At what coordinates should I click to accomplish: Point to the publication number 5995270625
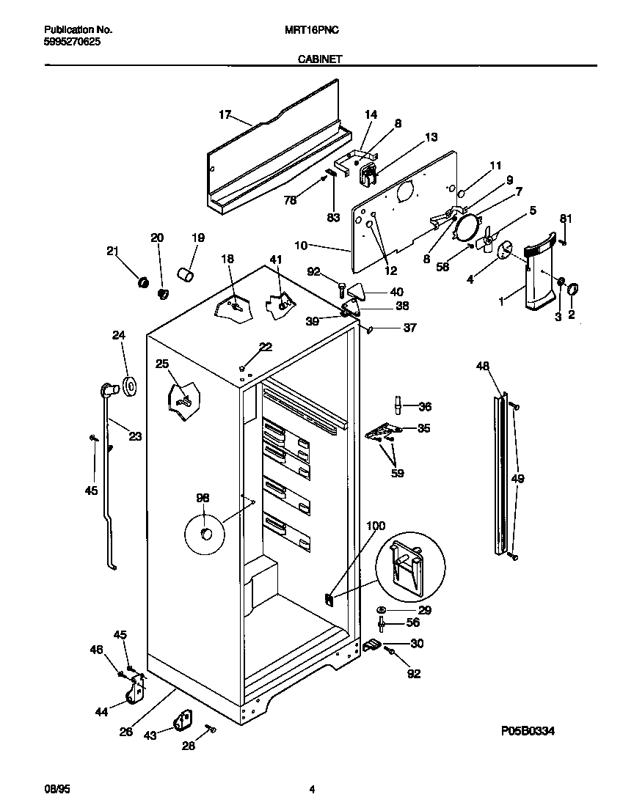(73, 42)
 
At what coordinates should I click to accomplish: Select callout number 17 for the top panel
(225, 114)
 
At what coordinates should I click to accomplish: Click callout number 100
(375, 526)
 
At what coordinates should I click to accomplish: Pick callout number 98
(203, 499)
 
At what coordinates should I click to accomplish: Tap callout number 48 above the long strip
(482, 365)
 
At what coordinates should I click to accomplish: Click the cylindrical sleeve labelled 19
(186, 274)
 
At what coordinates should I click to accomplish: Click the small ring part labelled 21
(144, 282)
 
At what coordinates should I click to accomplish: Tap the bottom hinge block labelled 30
(371, 644)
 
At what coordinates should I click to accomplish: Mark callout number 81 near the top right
(565, 218)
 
